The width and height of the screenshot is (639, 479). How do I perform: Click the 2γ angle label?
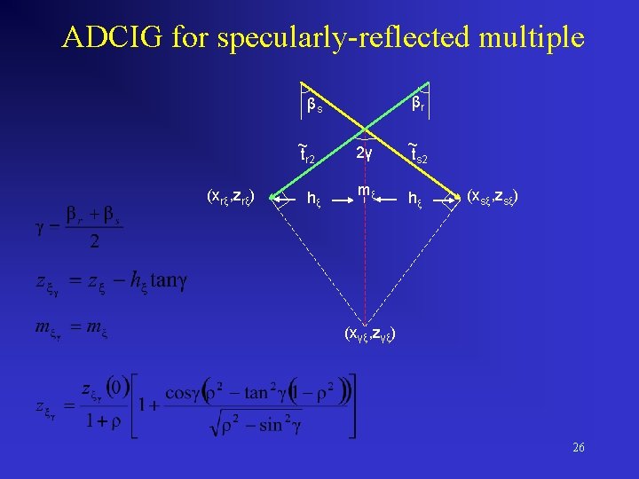point(364,153)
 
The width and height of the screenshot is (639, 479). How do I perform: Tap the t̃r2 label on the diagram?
point(305,155)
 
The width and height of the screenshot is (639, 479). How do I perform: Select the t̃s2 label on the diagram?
point(417,155)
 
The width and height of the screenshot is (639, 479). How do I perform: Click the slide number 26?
point(578,448)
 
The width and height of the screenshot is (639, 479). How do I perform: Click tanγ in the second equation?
point(169,282)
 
